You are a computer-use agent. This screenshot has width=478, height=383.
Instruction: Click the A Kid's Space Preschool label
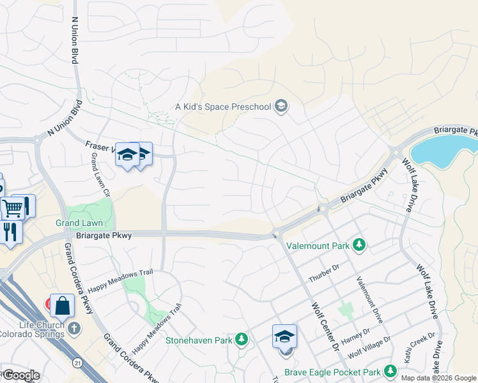click(223, 107)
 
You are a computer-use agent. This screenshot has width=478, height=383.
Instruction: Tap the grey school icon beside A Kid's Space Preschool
click(281, 106)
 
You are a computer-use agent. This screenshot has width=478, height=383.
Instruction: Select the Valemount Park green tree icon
click(359, 244)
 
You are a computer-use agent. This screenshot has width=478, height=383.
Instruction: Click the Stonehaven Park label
click(199, 340)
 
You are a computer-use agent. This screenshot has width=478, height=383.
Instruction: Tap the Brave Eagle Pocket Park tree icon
click(390, 371)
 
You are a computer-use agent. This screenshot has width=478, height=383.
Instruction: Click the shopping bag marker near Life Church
click(63, 306)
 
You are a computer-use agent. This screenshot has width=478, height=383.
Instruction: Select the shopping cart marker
click(13, 207)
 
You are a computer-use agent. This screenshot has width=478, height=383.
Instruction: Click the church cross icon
click(75, 328)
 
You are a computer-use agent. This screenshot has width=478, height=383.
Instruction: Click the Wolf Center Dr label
click(325, 326)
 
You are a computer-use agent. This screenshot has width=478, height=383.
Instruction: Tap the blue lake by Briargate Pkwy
click(442, 151)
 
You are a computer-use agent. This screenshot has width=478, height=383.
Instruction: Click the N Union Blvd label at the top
click(75, 38)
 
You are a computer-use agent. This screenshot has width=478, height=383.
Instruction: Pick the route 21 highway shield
click(77, 363)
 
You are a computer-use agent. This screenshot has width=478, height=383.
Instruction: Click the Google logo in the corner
click(21, 375)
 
